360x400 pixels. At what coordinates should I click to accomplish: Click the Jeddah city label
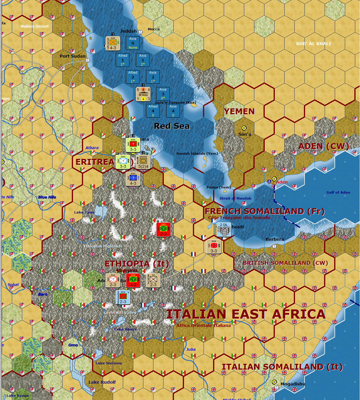128,31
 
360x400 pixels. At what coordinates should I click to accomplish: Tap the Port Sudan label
72,56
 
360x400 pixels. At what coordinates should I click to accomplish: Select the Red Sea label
172,126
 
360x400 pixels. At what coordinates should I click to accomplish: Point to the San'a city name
245,134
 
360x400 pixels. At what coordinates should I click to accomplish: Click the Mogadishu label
293,384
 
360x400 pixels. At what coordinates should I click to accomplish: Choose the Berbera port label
275,239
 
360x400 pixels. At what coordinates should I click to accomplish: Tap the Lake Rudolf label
102,382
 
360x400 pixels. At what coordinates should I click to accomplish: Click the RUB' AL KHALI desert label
313,44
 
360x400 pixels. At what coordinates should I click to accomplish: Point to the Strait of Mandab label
235,198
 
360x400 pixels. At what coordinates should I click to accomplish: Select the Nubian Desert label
35,26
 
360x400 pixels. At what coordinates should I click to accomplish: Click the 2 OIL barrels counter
224,230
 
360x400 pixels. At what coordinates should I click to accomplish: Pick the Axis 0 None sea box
133,43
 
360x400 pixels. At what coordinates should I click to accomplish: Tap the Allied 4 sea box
153,111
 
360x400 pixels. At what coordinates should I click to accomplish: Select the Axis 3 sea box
163,94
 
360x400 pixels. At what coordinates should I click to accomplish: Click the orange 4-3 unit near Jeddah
113,43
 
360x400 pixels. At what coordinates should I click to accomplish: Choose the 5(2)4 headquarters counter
143,162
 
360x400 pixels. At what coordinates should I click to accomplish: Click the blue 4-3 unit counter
133,179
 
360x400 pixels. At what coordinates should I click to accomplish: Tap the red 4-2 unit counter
133,280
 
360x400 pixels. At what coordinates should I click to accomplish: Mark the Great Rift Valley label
120,312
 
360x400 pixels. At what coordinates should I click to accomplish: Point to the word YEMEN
239,112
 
